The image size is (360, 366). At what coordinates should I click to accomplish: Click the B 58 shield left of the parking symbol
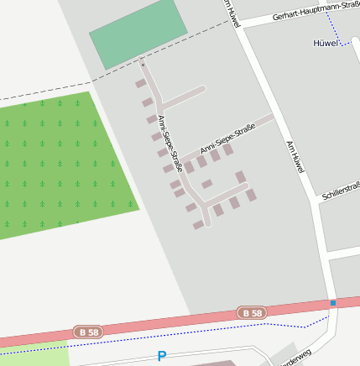coord(88,332)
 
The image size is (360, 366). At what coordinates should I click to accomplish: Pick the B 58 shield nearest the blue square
coord(251,313)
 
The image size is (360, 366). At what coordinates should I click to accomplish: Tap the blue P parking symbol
coord(162,357)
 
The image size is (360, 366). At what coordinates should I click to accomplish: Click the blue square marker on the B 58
coord(332,302)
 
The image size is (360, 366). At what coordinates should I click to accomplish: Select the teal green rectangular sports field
coord(138,34)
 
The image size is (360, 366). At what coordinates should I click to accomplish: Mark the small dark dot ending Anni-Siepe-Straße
coord(143,65)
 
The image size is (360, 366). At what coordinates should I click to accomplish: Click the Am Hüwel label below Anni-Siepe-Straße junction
coord(294,156)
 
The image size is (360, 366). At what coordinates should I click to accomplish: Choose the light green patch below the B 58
coord(34,356)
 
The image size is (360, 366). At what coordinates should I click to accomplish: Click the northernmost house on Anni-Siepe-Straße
coord(140,84)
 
